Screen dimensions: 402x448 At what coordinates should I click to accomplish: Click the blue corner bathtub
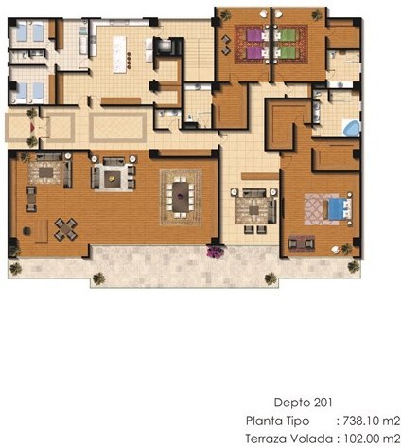[351, 128]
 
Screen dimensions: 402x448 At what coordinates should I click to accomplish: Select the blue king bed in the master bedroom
[339, 209]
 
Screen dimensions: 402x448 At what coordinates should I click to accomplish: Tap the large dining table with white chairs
[181, 197]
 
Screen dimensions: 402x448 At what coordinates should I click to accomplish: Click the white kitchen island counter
[119, 55]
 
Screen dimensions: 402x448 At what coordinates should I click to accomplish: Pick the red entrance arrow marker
[32, 128]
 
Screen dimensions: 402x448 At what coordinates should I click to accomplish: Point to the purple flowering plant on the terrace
[216, 251]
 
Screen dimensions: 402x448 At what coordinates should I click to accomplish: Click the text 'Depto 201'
[303, 403]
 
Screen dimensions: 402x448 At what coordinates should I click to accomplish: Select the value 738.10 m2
[372, 421]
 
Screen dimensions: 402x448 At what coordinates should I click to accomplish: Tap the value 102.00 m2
[372, 439]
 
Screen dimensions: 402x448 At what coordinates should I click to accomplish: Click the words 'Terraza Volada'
[288, 439]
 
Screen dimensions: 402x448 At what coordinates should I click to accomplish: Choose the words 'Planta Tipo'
[277, 421]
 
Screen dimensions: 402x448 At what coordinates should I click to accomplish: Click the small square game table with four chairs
[66, 229]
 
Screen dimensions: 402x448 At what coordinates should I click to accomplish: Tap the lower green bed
[286, 53]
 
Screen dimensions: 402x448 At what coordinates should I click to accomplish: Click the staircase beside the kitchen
[197, 51]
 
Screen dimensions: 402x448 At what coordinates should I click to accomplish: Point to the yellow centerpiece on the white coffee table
[112, 179]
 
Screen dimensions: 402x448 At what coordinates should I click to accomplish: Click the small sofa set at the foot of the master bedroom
[302, 243]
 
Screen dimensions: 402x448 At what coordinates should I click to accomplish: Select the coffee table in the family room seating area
[253, 210]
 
